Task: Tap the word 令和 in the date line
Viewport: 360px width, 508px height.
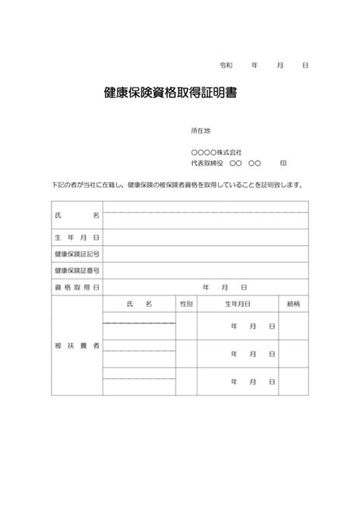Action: click(226, 65)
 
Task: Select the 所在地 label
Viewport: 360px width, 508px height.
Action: click(201, 131)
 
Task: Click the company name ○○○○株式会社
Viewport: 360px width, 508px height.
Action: click(217, 153)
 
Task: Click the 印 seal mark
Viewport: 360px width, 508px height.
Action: click(283, 163)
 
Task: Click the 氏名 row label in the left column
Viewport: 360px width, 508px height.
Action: click(77, 216)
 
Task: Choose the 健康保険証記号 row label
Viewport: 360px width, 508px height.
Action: click(77, 254)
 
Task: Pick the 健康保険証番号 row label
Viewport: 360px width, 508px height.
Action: click(77, 270)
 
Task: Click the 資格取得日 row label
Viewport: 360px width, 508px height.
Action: click(77, 287)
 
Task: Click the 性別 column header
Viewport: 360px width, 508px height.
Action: click(186, 304)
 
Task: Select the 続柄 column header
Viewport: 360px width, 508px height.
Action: click(293, 304)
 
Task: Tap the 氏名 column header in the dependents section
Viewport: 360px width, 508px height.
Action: click(139, 304)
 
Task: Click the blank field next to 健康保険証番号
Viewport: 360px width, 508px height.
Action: click(205, 270)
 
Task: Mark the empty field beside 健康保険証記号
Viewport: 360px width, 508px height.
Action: click(205, 254)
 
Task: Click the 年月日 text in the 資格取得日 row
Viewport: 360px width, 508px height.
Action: click(224, 287)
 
